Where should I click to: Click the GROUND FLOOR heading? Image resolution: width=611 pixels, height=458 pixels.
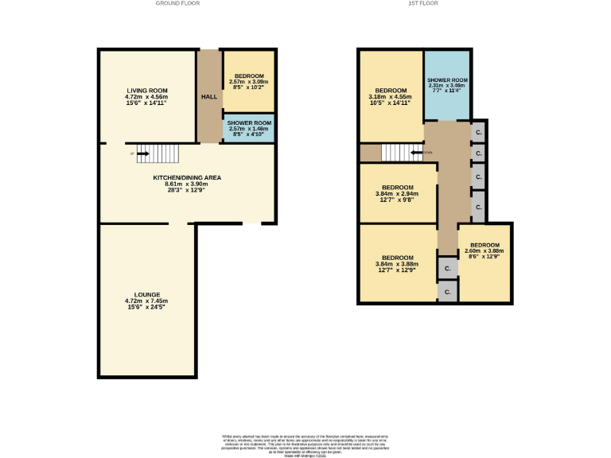tap(178, 3)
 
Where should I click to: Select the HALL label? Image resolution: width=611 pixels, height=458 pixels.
tap(209, 96)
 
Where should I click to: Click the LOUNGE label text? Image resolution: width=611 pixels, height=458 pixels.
tap(146, 295)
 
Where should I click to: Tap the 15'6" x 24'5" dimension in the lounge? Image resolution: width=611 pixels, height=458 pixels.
tap(146, 308)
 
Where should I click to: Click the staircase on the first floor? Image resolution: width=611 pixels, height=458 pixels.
tap(400, 152)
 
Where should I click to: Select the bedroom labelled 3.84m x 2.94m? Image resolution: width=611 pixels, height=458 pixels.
tap(396, 193)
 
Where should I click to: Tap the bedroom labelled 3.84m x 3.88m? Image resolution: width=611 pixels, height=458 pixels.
tap(396, 262)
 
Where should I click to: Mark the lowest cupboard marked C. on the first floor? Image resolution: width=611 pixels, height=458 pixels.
tap(447, 293)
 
